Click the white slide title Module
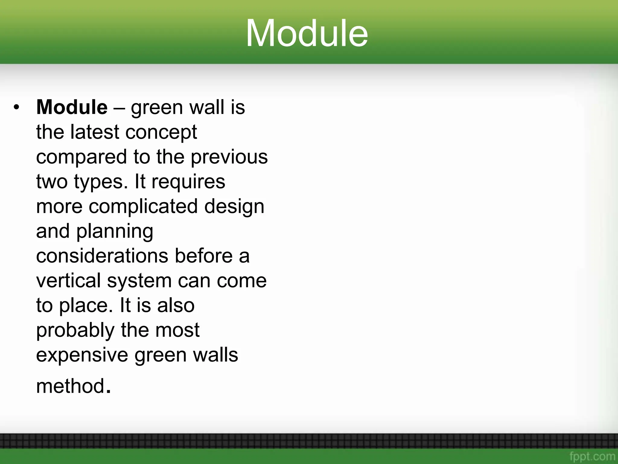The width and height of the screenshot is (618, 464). pyautogui.click(x=307, y=33)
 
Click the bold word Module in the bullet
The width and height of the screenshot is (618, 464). pyautogui.click(x=72, y=107)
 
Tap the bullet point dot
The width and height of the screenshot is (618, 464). pyautogui.click(x=16, y=107)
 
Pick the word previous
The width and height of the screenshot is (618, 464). pyautogui.click(x=229, y=157)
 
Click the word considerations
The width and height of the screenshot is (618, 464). pyautogui.click(x=102, y=256)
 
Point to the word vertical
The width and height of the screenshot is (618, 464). pyautogui.click(x=68, y=281)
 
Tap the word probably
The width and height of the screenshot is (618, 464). pyautogui.click(x=75, y=330)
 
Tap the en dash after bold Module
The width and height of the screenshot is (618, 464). pyautogui.click(x=119, y=108)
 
